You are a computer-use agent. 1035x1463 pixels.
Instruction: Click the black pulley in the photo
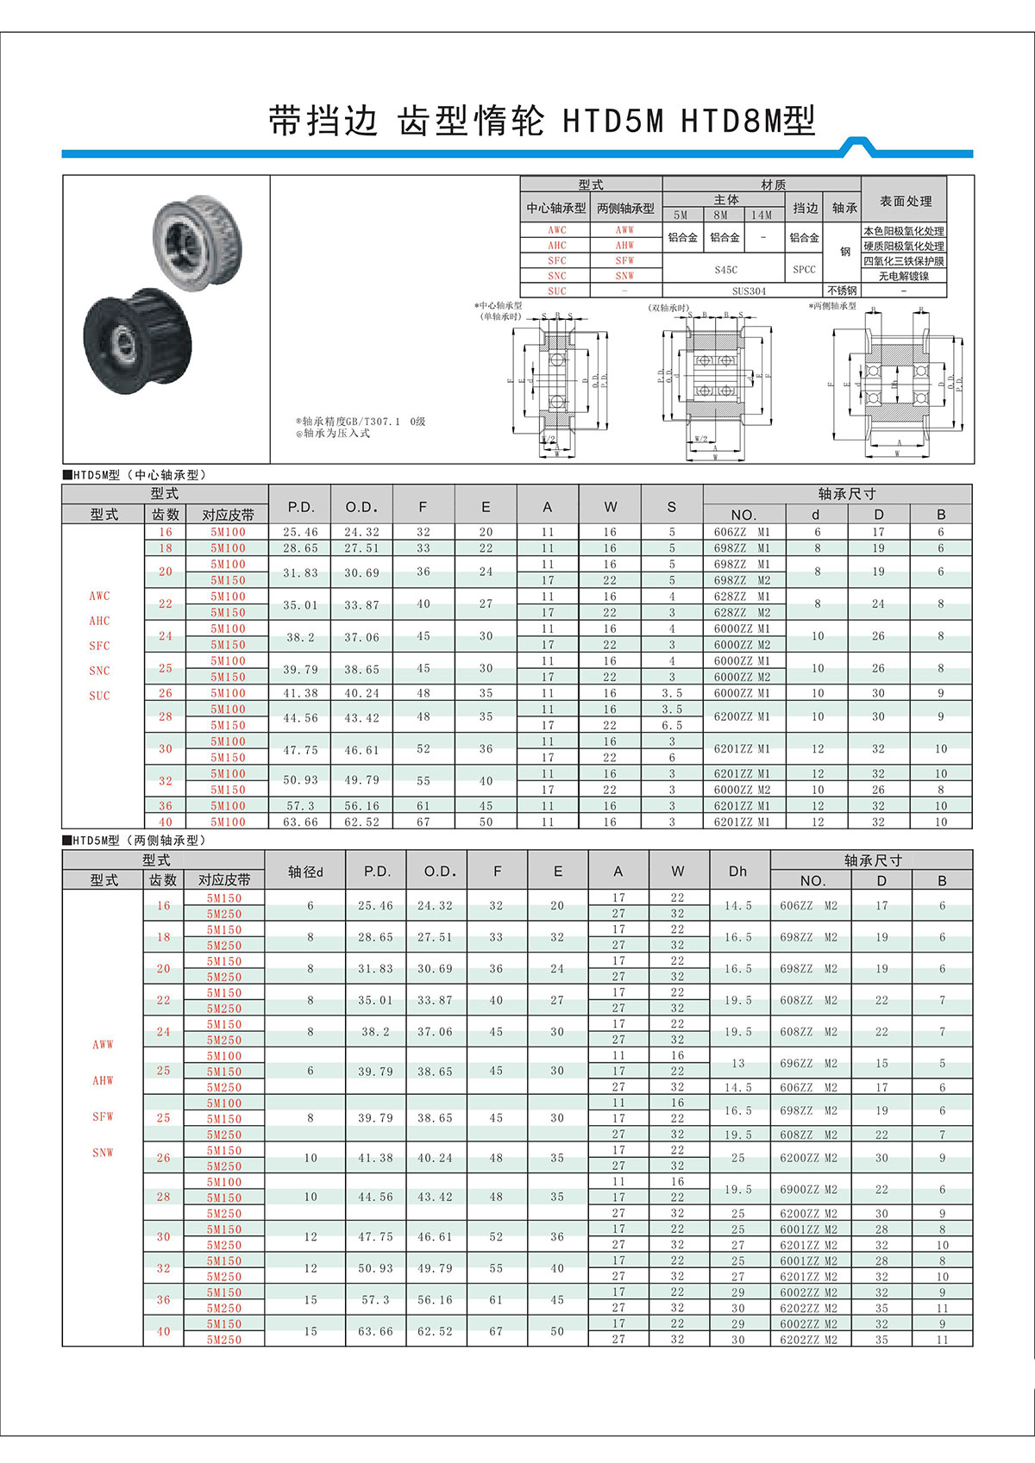(138, 341)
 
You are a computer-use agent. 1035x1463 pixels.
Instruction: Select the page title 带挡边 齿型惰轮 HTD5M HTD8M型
(541, 122)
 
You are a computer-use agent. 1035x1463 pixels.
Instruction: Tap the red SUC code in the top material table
(557, 291)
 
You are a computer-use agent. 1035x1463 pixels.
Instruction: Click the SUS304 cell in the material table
(749, 291)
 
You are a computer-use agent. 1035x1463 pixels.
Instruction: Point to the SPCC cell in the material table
(804, 269)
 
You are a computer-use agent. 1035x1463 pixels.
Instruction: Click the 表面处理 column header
(905, 201)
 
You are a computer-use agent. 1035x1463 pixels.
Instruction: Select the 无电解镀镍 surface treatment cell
(904, 276)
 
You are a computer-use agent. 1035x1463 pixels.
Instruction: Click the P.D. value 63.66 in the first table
(300, 822)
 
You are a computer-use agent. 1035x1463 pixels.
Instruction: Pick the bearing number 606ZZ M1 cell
(743, 532)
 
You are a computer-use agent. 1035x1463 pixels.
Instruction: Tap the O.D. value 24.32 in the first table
(361, 532)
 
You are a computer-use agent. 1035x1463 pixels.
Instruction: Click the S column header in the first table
(672, 507)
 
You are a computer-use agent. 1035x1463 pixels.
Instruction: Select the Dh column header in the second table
(738, 872)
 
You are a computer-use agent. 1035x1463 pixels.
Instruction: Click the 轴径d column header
(305, 872)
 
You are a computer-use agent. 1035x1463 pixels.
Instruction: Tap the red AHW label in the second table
(103, 1081)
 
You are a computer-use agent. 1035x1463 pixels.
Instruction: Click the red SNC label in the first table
(99, 671)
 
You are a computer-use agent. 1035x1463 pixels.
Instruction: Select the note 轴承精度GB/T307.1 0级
(361, 422)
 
